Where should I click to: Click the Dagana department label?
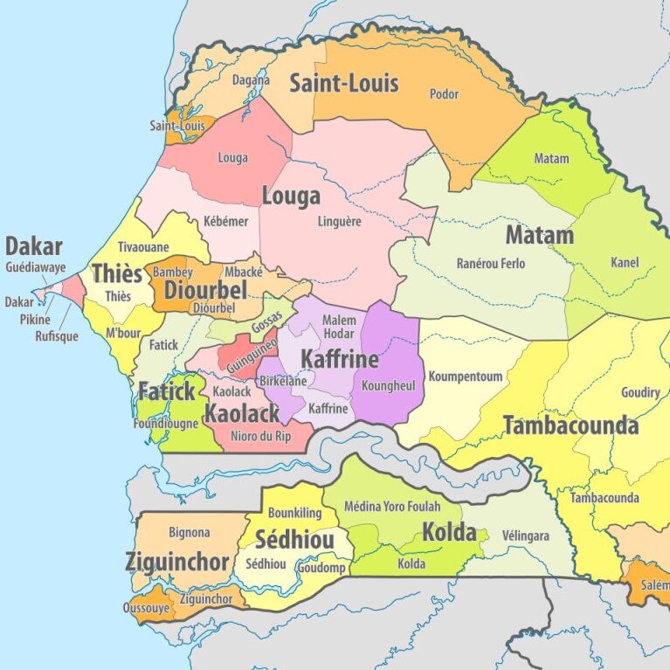pyautogui.click(x=251, y=79)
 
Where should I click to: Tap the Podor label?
pyautogui.click(x=444, y=93)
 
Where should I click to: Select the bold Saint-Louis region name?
pyautogui.click(x=343, y=84)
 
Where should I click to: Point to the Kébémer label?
pyautogui.click(x=225, y=222)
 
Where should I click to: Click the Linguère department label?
pyautogui.click(x=339, y=222)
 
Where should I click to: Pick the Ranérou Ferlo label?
pyautogui.click(x=491, y=263)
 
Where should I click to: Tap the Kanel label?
pyautogui.click(x=625, y=262)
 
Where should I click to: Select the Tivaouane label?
pyautogui.click(x=143, y=247)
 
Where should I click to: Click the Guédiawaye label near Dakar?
pyautogui.click(x=34, y=268)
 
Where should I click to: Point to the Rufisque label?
pyautogui.click(x=56, y=335)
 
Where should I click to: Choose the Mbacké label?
pyautogui.click(x=244, y=272)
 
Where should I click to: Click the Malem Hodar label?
pyautogui.click(x=339, y=328)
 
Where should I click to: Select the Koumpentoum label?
pyautogui.click(x=465, y=376)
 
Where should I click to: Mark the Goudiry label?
pyautogui.click(x=639, y=392)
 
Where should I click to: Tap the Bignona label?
pyautogui.click(x=189, y=532)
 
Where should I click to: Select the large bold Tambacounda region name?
pyautogui.click(x=570, y=426)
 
